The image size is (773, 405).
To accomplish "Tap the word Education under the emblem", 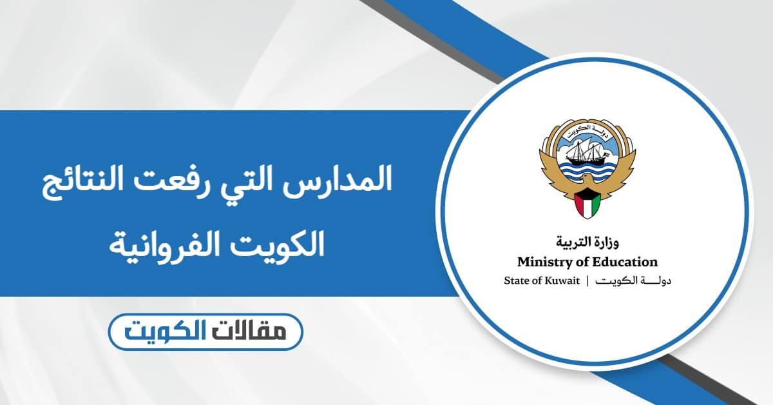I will pyautogui.click(x=627, y=262).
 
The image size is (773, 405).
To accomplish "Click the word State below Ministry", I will pyautogui.click(x=515, y=281).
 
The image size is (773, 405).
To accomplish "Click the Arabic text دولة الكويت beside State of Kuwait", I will pyautogui.click(x=634, y=281).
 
